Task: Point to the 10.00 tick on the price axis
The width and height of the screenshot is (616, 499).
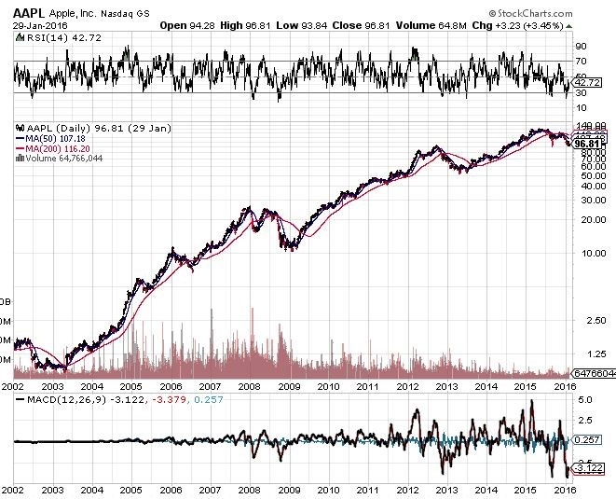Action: point(583,253)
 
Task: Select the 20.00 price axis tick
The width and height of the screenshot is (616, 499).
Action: point(583,220)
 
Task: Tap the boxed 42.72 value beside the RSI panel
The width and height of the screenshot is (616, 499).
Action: point(585,83)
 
